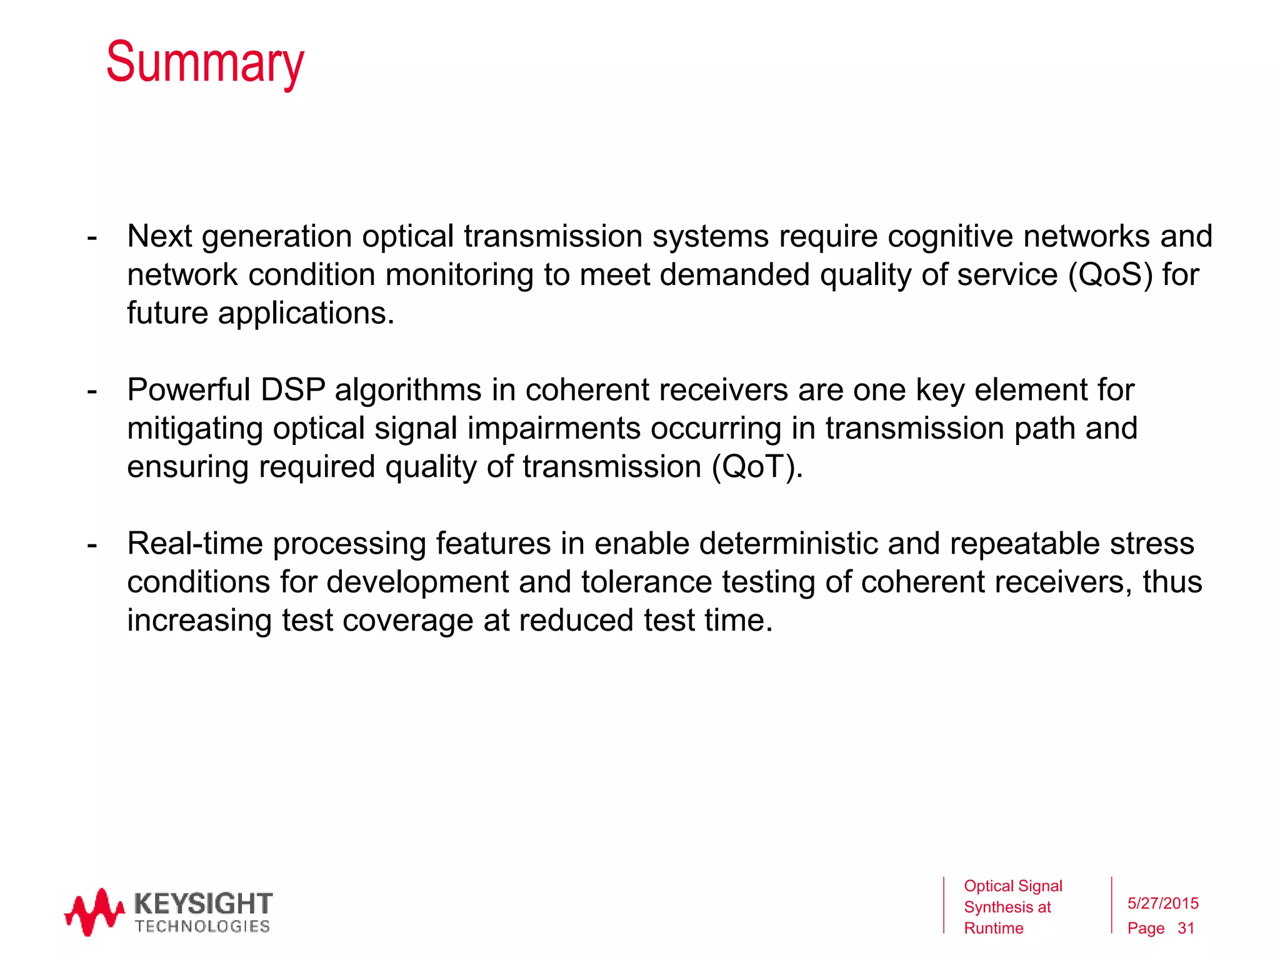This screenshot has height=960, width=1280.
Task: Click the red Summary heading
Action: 205,62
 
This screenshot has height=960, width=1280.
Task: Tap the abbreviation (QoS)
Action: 1110,275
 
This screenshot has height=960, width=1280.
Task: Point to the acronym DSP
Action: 292,390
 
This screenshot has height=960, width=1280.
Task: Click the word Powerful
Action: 189,390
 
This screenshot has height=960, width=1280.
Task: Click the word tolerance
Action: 646,582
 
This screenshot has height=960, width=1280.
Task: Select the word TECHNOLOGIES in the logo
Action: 202,926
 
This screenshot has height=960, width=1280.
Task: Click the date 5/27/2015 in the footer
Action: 1162,903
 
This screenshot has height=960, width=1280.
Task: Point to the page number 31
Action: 1186,929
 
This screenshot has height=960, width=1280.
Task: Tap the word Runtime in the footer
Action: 993,929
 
